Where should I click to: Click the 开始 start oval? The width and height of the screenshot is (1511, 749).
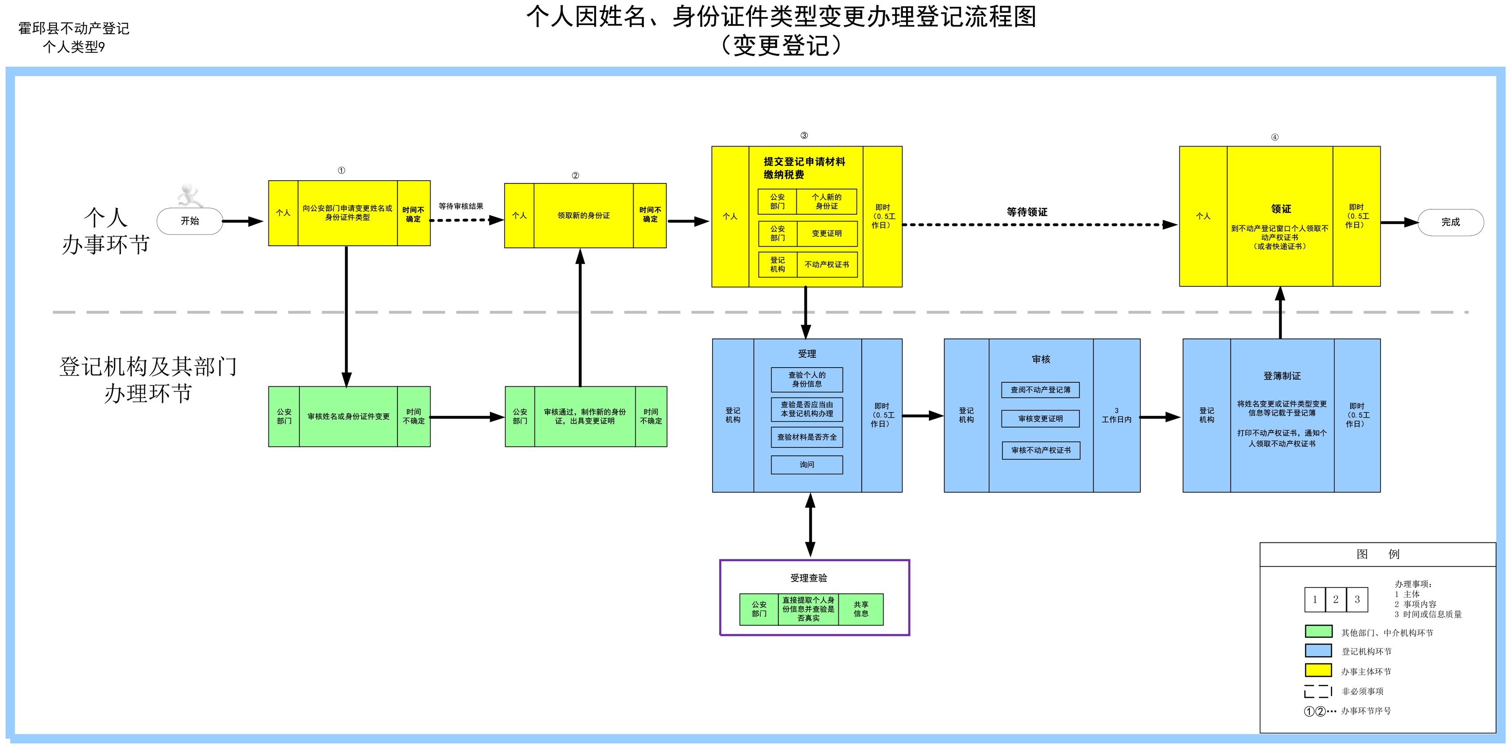(x=190, y=221)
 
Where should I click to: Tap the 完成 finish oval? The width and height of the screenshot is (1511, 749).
(x=1451, y=222)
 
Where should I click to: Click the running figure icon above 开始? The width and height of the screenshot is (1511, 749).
(x=190, y=195)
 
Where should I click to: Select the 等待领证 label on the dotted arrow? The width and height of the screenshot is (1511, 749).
(x=1027, y=212)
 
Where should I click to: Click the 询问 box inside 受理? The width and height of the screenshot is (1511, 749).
(x=807, y=464)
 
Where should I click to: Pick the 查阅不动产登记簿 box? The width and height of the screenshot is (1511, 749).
(x=1040, y=390)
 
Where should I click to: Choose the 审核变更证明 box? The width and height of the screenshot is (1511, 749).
(x=1040, y=419)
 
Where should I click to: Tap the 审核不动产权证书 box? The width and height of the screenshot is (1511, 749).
(x=1041, y=450)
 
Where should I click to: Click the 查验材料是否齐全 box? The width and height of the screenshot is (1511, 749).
(x=807, y=437)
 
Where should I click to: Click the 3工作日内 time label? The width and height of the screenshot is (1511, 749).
(x=1116, y=415)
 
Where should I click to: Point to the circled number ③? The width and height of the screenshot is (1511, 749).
(x=804, y=135)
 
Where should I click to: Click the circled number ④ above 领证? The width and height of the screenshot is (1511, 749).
(x=1274, y=137)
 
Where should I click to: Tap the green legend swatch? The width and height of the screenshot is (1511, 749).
(x=1318, y=631)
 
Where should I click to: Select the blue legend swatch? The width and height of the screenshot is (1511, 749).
(x=1318, y=650)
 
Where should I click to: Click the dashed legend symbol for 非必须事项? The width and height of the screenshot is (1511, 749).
(x=1317, y=691)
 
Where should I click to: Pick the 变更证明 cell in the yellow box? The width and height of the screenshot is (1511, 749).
(x=826, y=234)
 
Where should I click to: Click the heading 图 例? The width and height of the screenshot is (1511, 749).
(x=1378, y=554)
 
